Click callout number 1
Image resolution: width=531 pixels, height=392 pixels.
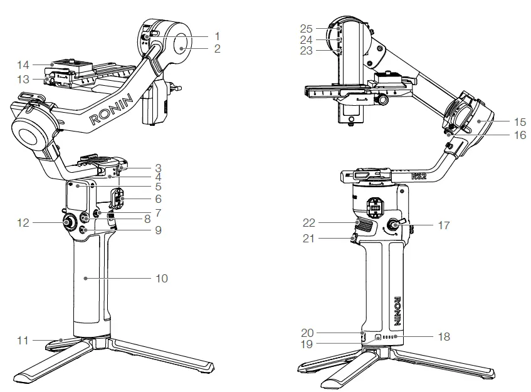click(x=217, y=36)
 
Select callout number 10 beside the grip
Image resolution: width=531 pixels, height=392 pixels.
click(x=162, y=278)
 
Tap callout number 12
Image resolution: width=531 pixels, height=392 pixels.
click(x=24, y=222)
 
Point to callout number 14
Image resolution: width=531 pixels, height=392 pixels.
click(x=23, y=64)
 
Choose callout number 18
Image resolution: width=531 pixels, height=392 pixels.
click(x=444, y=338)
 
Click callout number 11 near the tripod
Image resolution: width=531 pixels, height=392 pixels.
click(x=23, y=341)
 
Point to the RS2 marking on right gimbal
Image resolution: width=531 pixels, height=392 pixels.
click(x=418, y=177)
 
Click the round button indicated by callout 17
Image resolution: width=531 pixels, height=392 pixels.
click(x=396, y=225)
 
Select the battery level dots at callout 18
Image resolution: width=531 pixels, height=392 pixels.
click(x=389, y=338)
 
